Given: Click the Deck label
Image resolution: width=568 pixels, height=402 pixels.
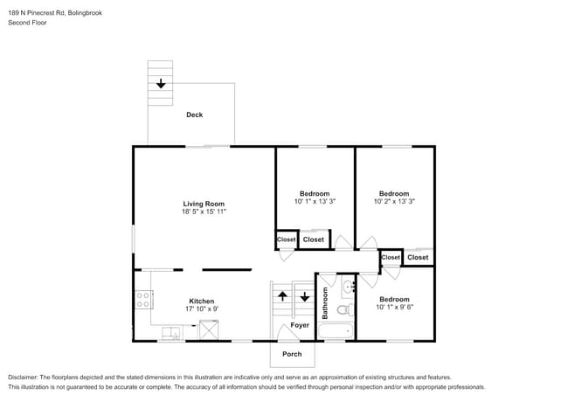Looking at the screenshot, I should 195,114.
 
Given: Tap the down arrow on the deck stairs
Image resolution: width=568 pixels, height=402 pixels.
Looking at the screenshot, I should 161,85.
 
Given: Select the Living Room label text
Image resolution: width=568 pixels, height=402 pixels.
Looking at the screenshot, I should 204,204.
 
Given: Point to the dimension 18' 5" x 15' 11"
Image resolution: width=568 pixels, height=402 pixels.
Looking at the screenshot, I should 204,212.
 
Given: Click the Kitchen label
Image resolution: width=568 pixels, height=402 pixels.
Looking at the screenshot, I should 177,300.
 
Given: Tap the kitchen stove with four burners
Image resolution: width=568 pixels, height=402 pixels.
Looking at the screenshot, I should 142,301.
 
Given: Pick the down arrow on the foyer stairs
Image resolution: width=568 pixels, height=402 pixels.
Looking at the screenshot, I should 304,296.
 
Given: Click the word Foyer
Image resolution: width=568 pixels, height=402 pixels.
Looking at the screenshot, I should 300,325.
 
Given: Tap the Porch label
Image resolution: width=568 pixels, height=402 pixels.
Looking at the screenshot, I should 291,354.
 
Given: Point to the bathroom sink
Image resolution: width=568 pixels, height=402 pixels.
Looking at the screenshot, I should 348,287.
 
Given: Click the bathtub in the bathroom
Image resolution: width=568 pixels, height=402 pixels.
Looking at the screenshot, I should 336,331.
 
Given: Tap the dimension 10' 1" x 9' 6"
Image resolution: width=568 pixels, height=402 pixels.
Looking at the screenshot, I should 393,308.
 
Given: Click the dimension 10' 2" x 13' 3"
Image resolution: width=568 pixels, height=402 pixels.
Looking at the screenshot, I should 393,202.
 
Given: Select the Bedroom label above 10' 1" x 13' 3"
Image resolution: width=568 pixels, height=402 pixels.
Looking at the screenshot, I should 315,193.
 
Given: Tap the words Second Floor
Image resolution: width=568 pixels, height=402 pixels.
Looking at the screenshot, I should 27,23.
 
